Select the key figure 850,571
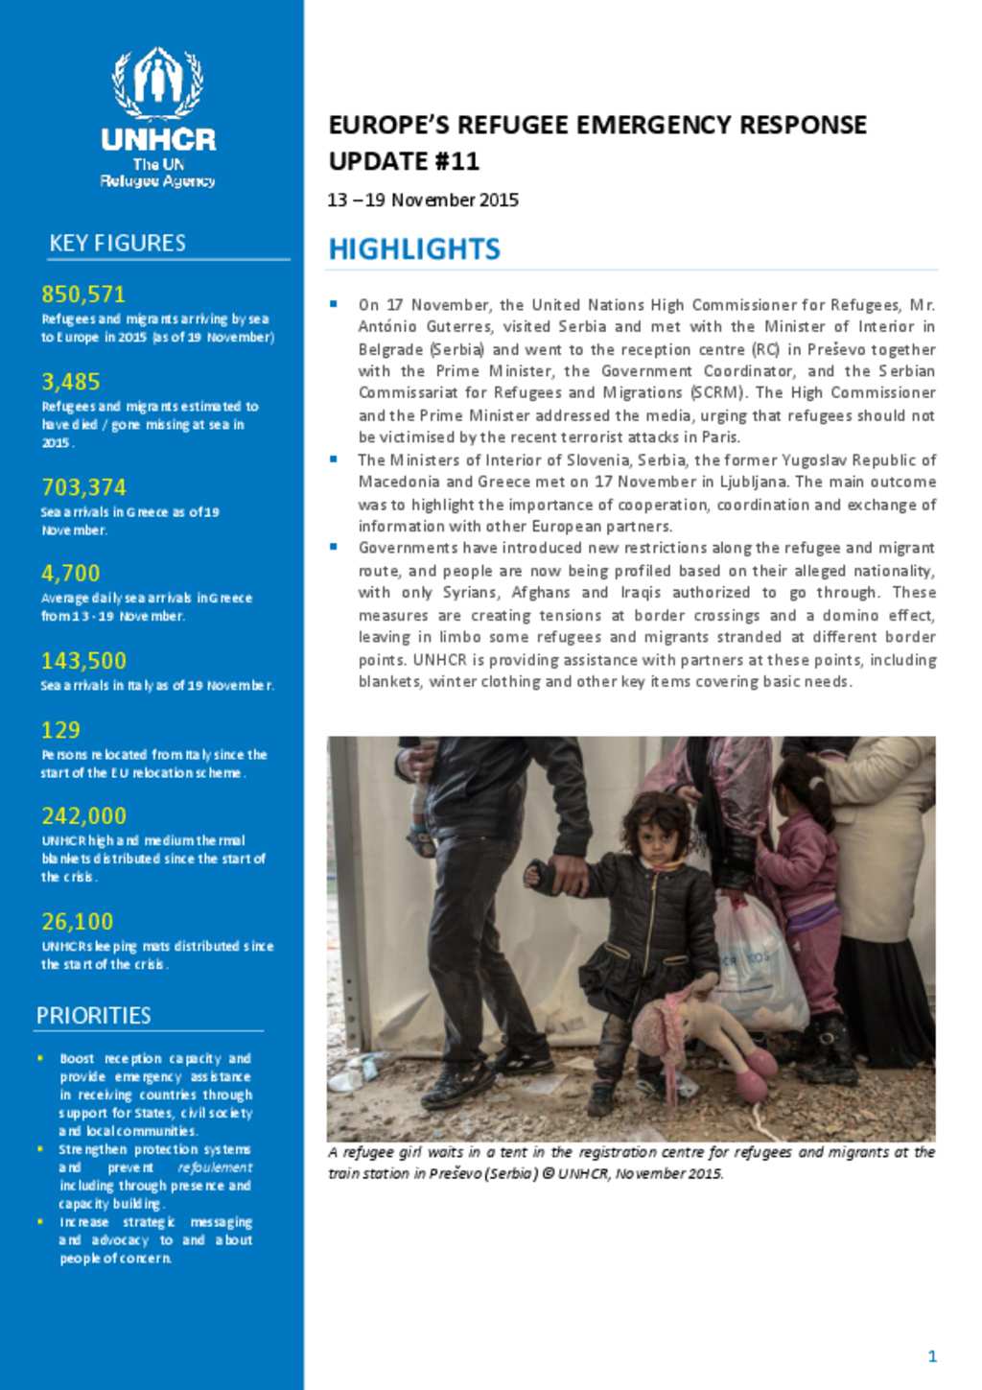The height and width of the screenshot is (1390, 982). (x=83, y=294)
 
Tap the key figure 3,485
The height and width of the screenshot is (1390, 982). (x=70, y=382)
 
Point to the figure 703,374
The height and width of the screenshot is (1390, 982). (x=83, y=487)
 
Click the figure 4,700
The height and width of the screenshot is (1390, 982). (x=70, y=574)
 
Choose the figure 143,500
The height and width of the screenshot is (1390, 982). (x=83, y=661)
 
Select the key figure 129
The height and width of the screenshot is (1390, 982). (x=60, y=730)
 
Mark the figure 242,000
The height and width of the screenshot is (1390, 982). (x=83, y=816)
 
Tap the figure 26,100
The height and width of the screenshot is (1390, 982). (x=77, y=922)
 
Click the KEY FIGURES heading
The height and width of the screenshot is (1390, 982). (x=118, y=244)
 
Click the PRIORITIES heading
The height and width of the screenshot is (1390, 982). (x=94, y=1016)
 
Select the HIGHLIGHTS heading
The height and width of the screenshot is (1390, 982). (x=414, y=249)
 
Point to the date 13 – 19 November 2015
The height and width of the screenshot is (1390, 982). (x=423, y=200)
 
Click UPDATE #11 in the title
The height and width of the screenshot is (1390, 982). (x=404, y=161)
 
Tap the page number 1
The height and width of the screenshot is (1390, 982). (x=932, y=1355)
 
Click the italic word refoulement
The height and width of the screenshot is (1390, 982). (x=215, y=1167)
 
